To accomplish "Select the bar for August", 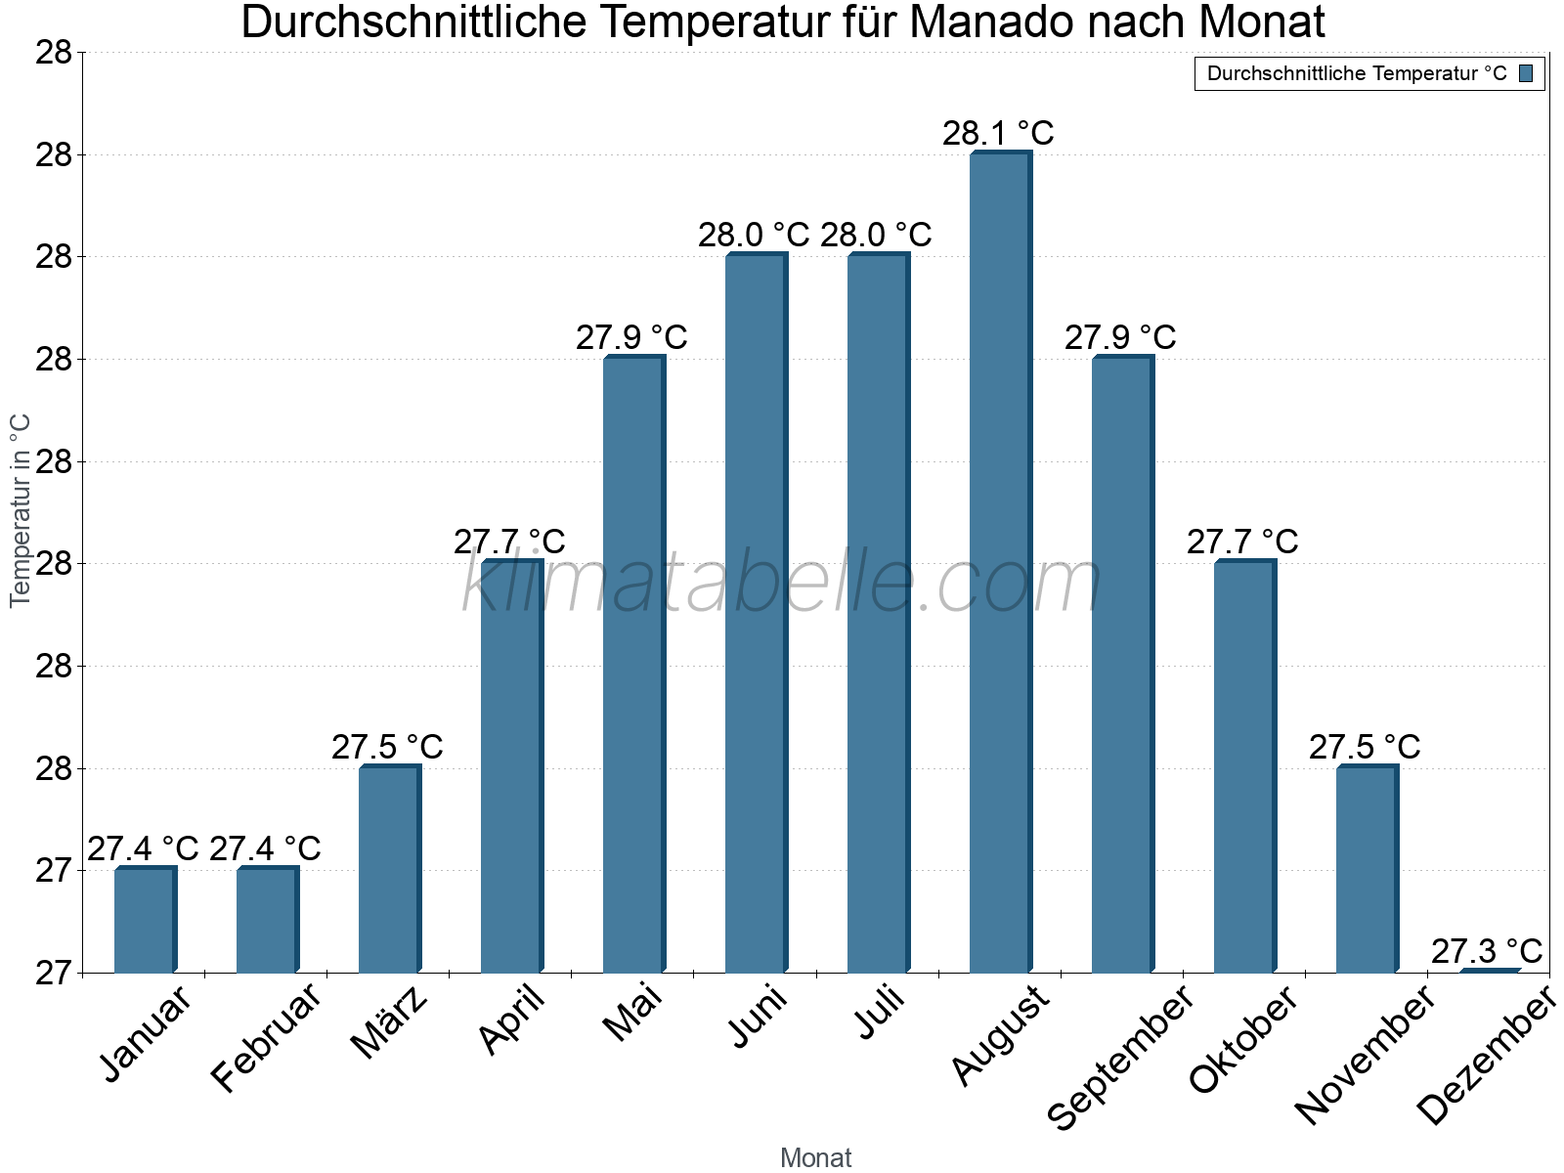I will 999,562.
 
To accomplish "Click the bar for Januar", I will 144,920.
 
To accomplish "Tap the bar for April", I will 510,767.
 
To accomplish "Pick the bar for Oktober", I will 1243,767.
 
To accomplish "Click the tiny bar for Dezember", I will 1489,971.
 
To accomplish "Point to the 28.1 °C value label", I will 998,133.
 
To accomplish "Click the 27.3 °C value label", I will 1487,950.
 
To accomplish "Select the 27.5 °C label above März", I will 387,747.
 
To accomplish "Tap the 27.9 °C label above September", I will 1120,337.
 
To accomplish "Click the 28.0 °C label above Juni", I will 754,235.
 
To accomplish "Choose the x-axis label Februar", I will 266,1037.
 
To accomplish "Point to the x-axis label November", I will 1365,1055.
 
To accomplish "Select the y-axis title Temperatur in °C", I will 21,510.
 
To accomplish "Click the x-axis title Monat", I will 815,1157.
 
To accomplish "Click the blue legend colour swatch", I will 1526,73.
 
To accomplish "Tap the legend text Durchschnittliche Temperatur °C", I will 1357,73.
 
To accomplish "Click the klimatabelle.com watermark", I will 782,584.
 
